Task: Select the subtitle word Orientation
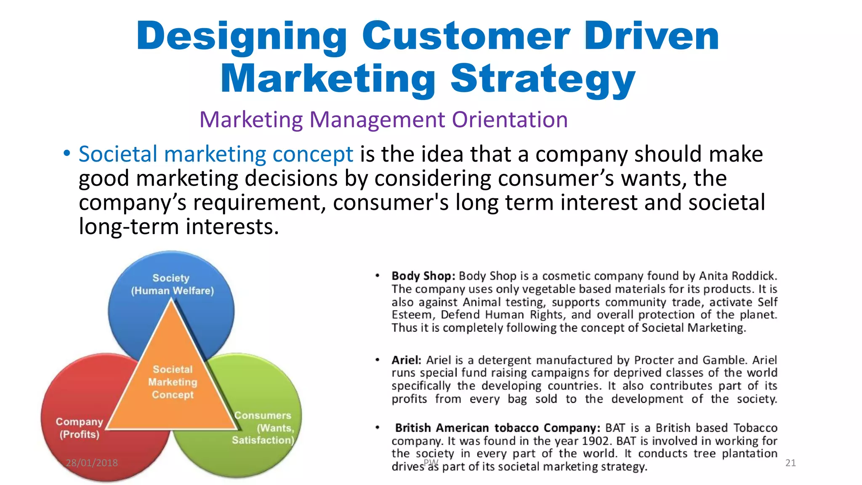pos(510,120)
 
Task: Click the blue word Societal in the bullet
pos(118,154)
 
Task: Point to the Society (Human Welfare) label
pos(172,284)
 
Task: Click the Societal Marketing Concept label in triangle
pos(173,382)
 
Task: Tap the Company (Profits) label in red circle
pos(79,428)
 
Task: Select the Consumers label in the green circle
pos(263,416)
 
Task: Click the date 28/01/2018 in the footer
pos(92,463)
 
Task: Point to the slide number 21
pos(790,463)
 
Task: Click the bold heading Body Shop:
pos(423,276)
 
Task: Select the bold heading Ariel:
pos(406,360)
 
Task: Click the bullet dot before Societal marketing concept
pos(67,154)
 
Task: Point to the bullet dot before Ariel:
pos(378,360)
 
